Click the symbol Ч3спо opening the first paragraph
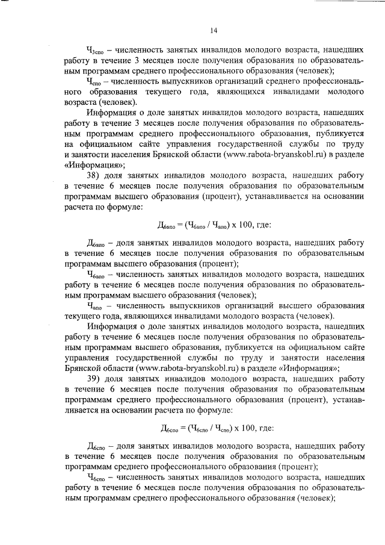(x=97, y=51)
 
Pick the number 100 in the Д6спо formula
(x=246, y=428)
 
